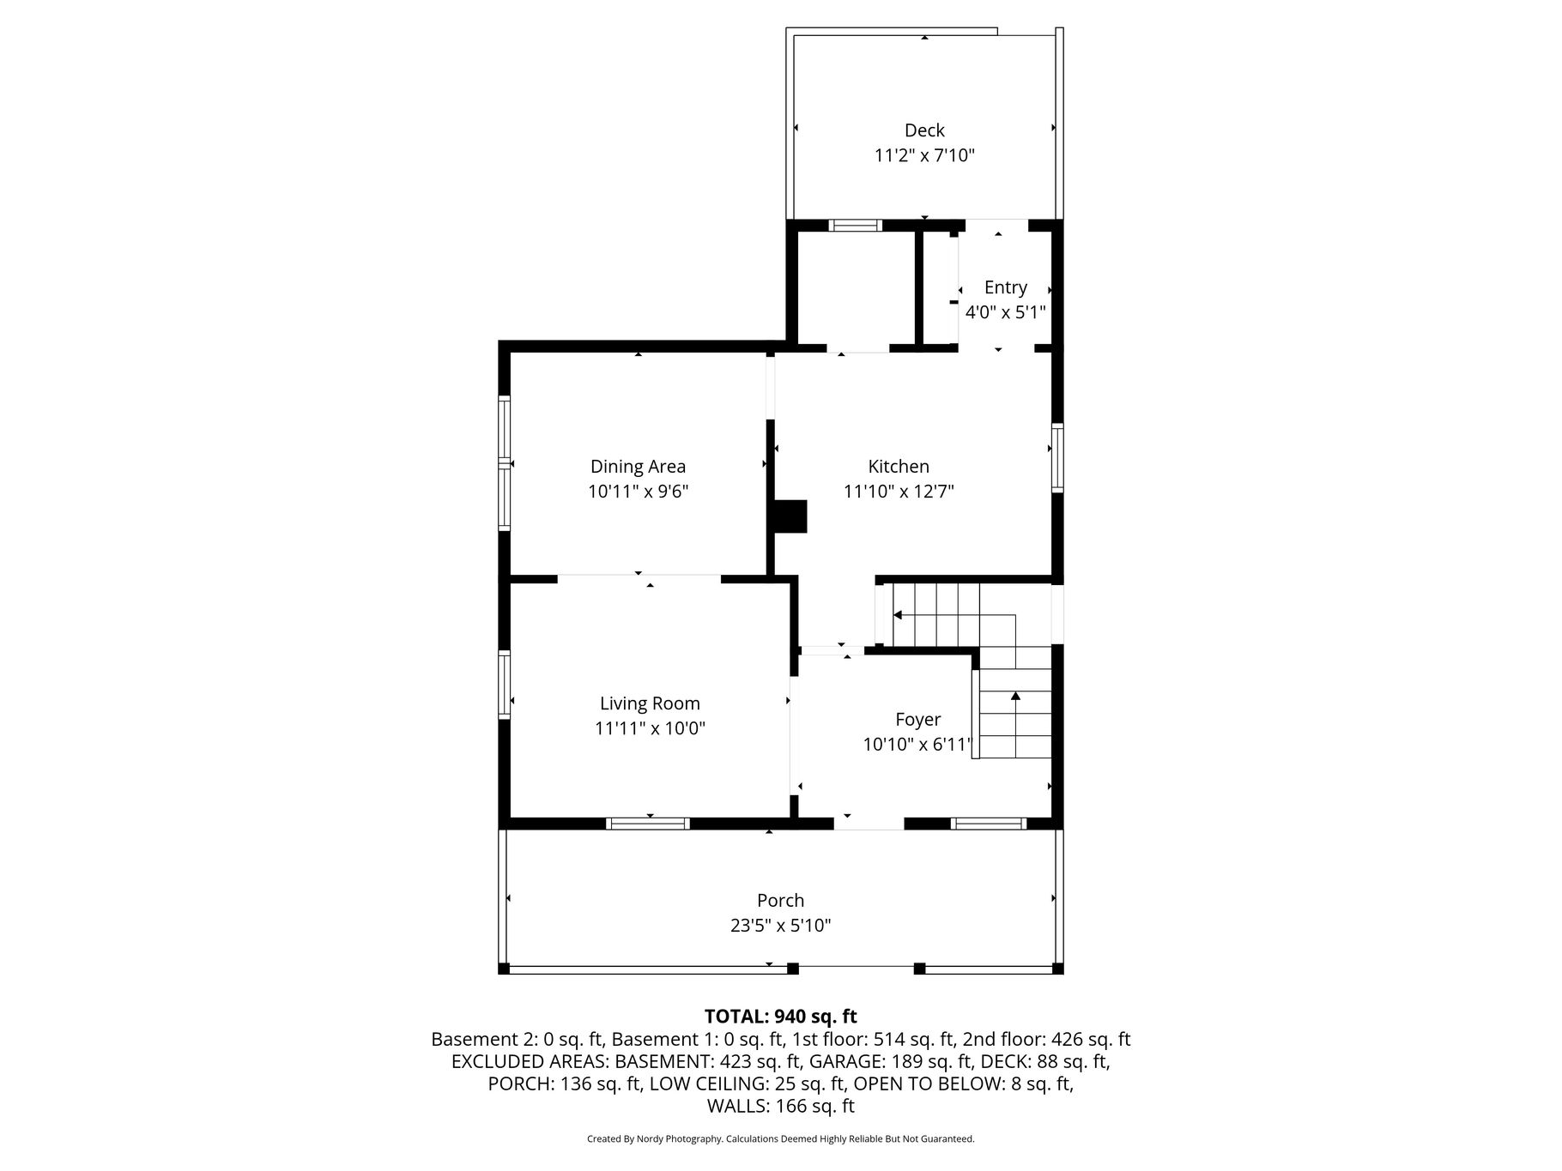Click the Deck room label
924,130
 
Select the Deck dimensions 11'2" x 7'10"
924,156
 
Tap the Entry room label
1005,288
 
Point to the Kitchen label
899,467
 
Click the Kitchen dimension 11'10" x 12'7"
899,492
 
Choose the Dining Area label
638,468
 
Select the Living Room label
650,704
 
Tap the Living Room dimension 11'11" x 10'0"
650,729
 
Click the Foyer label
917,721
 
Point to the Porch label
780,901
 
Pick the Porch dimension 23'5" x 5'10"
780,926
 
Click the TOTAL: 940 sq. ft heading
780,1017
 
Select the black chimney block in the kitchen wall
790,516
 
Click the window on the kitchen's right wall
1057,457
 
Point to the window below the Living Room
648,824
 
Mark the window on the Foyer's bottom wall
989,824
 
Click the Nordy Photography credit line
780,1139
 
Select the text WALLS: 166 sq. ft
780,1107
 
